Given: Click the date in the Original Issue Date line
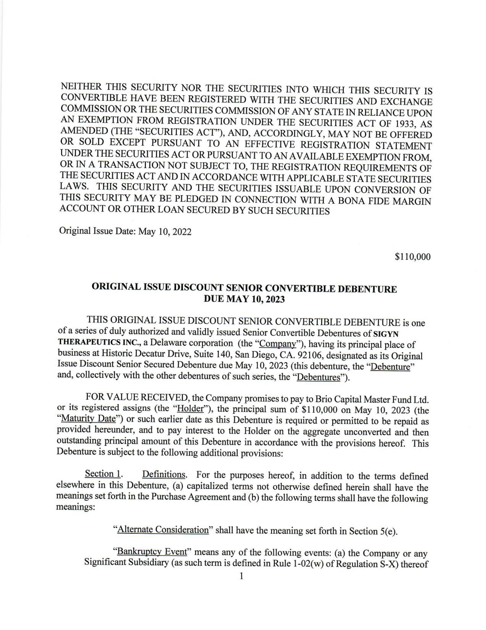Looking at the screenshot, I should (165, 232).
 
